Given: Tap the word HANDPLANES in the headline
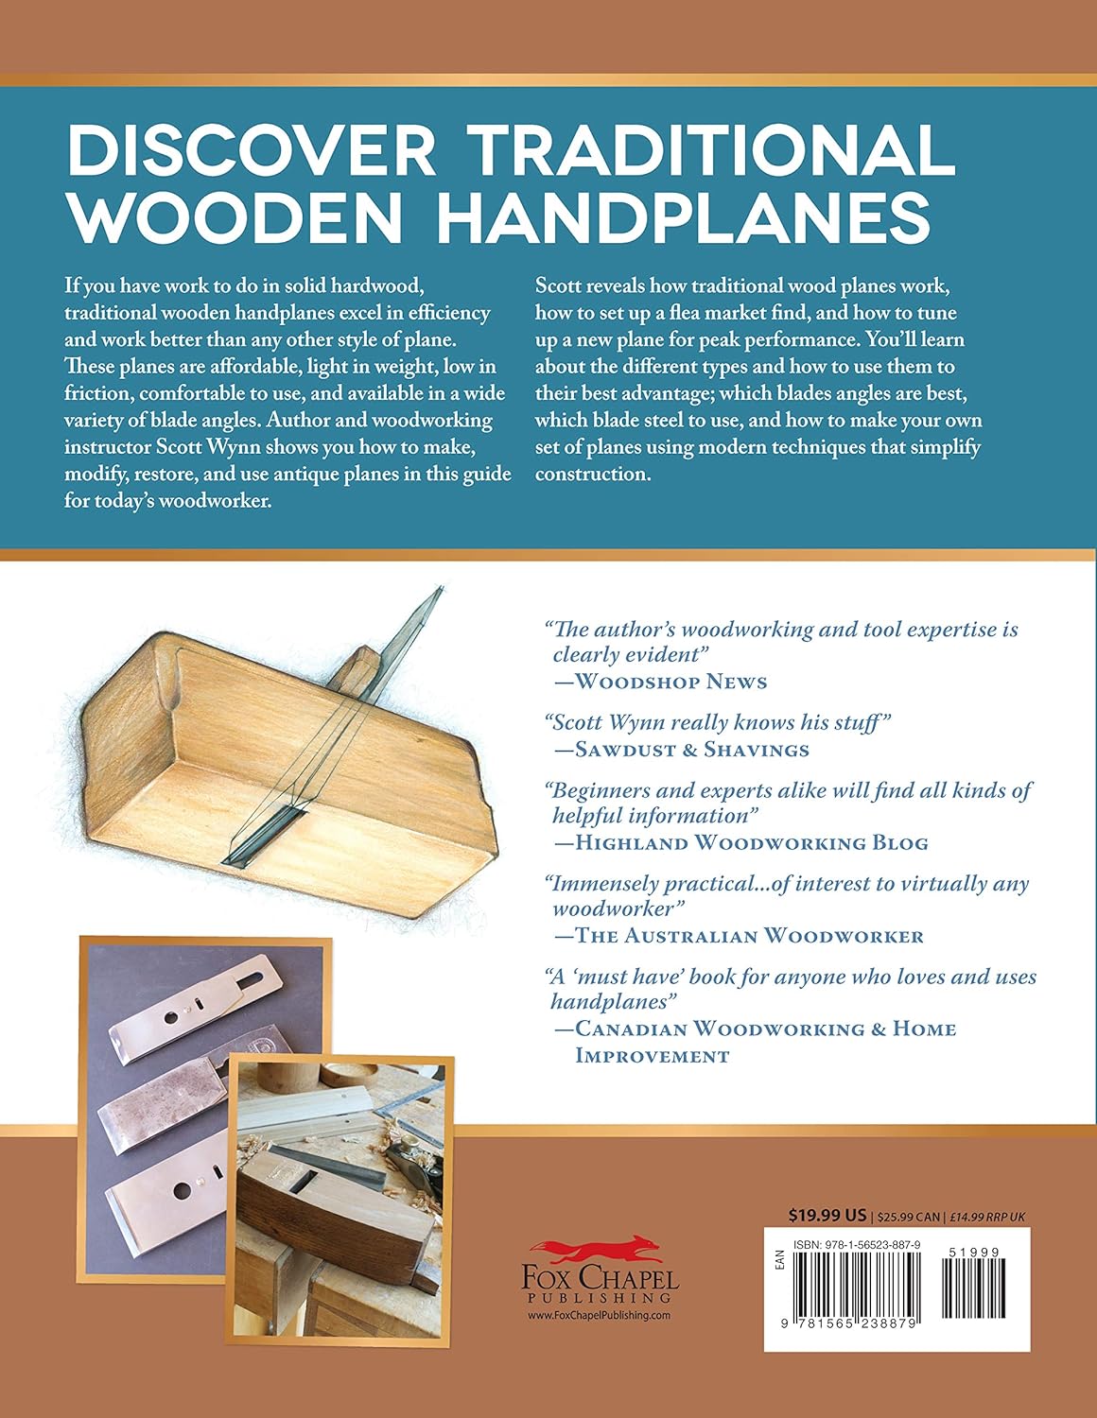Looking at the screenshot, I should coord(682,219).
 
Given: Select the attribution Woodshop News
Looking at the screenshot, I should coord(670,682).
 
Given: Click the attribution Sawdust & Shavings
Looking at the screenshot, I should coord(692,750).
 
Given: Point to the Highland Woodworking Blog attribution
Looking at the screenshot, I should coord(751,842).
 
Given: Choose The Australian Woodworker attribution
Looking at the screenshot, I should coord(749,936).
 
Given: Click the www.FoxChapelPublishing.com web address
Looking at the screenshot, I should coord(599,1315).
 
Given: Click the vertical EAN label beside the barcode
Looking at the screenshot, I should coord(778,1258).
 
